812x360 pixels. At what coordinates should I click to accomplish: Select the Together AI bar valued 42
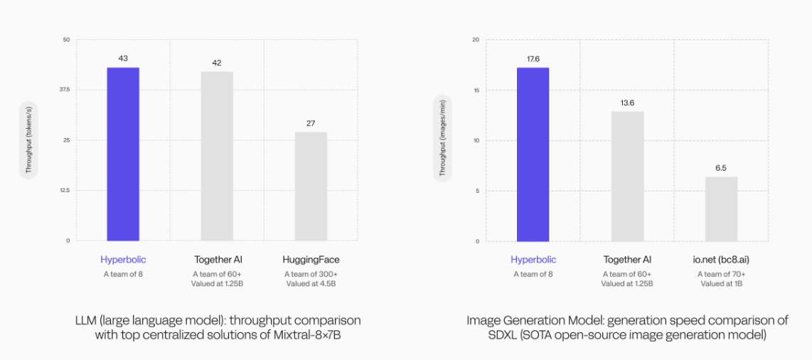click(217, 156)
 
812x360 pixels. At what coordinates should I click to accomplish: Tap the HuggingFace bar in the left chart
click(311, 186)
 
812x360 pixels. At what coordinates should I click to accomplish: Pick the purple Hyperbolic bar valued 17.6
click(533, 154)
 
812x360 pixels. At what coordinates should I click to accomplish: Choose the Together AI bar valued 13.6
click(627, 176)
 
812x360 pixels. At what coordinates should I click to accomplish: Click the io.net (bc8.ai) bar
click(721, 209)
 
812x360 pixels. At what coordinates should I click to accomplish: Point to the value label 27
click(311, 123)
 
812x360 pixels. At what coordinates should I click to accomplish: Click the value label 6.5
click(721, 168)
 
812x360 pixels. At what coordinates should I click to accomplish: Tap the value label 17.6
click(533, 59)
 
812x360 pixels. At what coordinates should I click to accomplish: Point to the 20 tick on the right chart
click(477, 40)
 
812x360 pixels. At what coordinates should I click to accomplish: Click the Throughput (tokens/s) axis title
click(29, 140)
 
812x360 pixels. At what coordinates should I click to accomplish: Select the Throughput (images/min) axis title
click(442, 141)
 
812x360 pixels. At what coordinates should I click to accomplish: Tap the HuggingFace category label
click(311, 260)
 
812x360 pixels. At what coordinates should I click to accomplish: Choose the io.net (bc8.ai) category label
click(721, 260)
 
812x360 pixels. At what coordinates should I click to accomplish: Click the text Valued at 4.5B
click(311, 284)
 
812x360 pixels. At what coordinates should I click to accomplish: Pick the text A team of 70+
click(721, 274)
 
